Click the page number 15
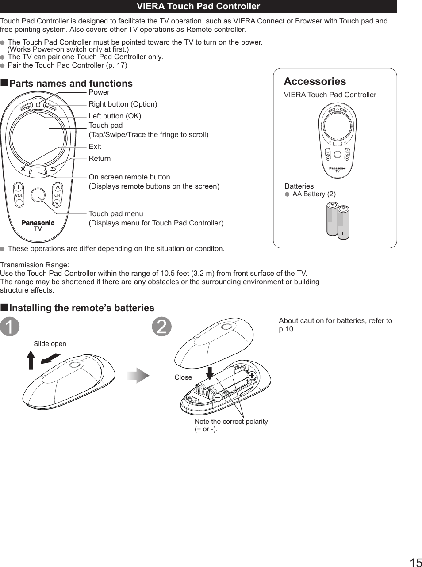click(x=415, y=562)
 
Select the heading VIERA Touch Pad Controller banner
click(x=198, y=6)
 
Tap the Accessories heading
click(x=315, y=81)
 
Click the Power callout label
click(x=99, y=92)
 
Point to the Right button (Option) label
click(x=123, y=104)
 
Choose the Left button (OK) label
click(x=115, y=116)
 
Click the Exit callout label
click(x=95, y=146)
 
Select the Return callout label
click(x=100, y=158)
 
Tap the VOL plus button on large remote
click(x=19, y=186)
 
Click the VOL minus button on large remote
click(x=19, y=202)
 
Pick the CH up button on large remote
click(x=57, y=186)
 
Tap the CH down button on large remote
click(x=57, y=202)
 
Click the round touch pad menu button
click(x=38, y=195)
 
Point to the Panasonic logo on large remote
click(x=38, y=222)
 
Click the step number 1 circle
click(x=10, y=327)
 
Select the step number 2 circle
click(x=162, y=327)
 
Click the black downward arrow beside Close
click(x=210, y=373)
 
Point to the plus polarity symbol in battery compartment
click(x=252, y=375)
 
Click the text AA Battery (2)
click(x=314, y=194)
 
